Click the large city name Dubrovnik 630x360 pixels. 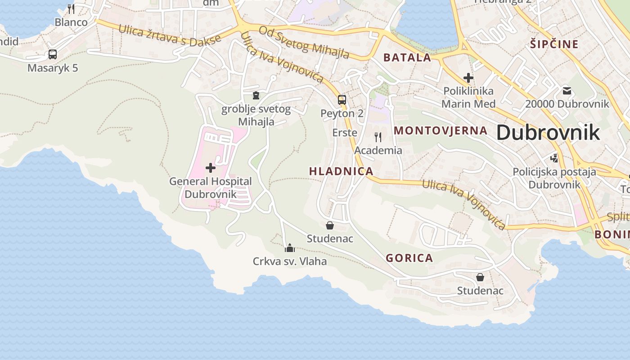coord(548,132)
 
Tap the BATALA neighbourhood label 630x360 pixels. coord(407,58)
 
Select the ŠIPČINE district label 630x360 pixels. coord(554,44)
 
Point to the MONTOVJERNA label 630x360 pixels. coord(441,130)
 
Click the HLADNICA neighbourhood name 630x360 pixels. coord(341,171)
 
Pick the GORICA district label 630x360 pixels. coord(409,258)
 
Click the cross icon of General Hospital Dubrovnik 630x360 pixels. coord(210,168)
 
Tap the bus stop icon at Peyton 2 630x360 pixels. coord(342,100)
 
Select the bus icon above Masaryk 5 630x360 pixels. coord(53,54)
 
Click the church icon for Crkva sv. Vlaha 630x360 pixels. coord(290,248)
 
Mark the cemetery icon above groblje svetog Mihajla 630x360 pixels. coord(256,95)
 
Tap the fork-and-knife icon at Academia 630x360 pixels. coord(378,137)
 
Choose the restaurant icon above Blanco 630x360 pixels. coord(71,9)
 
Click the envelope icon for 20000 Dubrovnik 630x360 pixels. coord(567,91)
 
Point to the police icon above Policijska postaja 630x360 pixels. coord(554,158)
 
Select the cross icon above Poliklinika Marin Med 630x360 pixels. coord(468,77)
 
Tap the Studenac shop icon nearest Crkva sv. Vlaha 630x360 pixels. coord(330,225)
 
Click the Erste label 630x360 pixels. coord(345,133)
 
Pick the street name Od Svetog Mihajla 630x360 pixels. coord(304,43)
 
